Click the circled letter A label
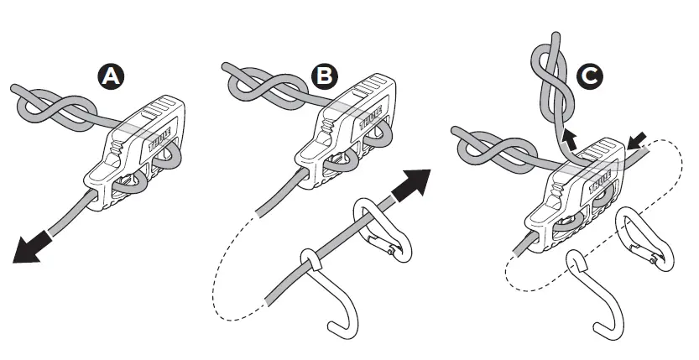(x=111, y=76)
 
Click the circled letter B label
(x=324, y=76)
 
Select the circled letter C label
(x=590, y=76)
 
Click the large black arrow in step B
(x=411, y=185)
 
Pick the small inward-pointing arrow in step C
(x=637, y=140)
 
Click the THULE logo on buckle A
(x=159, y=139)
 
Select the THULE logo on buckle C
(x=600, y=180)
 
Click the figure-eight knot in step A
(x=55, y=111)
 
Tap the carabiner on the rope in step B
(x=383, y=230)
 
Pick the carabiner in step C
(x=644, y=240)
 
